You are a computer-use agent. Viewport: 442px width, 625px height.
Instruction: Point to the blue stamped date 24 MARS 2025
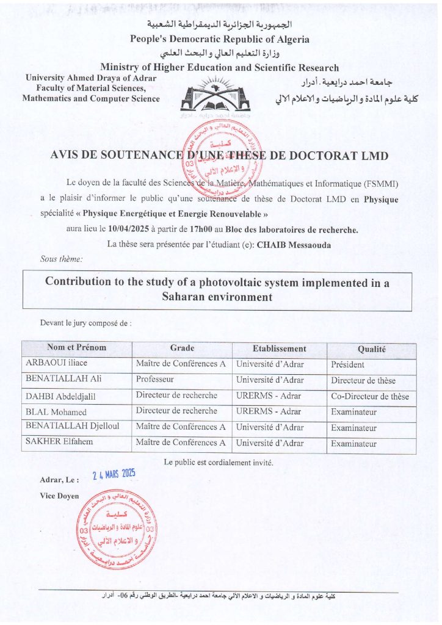point(114,475)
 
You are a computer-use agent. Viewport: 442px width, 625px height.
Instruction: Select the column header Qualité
point(371,349)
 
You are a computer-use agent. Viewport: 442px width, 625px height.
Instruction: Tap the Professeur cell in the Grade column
point(155,379)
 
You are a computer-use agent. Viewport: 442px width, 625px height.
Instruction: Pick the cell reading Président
point(347,365)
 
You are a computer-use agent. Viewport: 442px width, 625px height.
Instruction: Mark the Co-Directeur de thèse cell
point(370,396)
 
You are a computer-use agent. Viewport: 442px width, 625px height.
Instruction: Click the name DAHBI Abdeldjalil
point(60,396)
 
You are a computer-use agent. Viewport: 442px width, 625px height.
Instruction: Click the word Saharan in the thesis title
point(186,298)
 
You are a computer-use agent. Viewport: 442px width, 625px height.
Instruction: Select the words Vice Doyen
point(59,496)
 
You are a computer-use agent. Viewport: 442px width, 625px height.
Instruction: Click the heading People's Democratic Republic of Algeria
point(220,39)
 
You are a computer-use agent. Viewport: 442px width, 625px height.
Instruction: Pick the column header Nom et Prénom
point(76,348)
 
